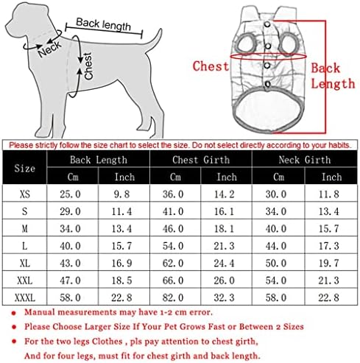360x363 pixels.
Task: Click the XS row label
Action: coord(25,194)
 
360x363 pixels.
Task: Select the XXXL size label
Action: coord(25,297)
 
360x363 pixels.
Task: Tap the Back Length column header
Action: coord(99,160)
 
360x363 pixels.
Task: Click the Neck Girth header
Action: coord(305,160)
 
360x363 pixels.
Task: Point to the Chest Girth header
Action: coord(201,160)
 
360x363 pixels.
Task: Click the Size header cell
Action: coord(24,168)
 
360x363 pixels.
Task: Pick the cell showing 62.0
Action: coord(173,263)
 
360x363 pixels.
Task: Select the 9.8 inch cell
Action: coord(121,194)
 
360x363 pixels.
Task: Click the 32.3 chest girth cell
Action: coord(224,297)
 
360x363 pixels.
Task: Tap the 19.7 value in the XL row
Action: coord(329,263)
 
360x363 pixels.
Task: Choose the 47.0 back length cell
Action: coord(70,281)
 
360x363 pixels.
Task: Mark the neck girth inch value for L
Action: coord(329,246)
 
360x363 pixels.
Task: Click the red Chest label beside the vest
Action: coord(211,66)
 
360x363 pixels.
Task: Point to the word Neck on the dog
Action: coord(49,49)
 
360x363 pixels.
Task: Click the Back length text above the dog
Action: coord(103,24)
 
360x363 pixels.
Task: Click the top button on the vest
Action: coord(267,24)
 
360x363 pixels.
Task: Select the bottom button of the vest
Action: coord(267,84)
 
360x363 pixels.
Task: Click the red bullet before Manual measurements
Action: coord(14,313)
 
